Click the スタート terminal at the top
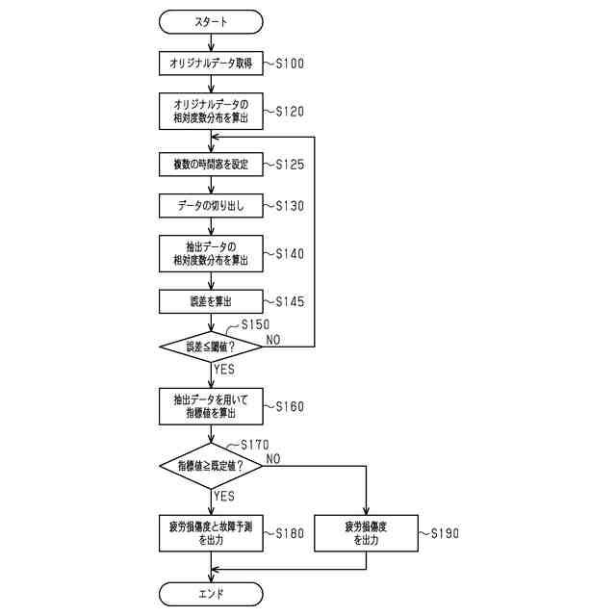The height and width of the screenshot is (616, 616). point(211,22)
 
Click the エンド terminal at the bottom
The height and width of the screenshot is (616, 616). point(211,594)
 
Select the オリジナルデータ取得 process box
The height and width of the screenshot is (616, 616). point(211,64)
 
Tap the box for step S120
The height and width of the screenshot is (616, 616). point(211,112)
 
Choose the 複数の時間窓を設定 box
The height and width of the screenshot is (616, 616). point(211,165)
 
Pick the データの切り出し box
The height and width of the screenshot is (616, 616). point(211,205)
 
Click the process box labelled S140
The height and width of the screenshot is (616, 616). point(211,254)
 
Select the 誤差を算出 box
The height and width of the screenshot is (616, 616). point(211,301)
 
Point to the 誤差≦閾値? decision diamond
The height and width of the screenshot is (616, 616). point(211,346)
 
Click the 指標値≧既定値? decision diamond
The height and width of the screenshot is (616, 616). point(211,466)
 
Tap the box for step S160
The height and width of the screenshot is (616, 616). point(211,406)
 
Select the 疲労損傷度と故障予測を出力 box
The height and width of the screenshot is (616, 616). point(211,533)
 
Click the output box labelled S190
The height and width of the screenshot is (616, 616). point(366,533)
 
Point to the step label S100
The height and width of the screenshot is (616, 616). point(290,64)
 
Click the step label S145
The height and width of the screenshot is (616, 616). point(290,301)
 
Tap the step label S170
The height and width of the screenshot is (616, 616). point(255,445)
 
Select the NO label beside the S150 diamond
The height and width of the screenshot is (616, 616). point(273,340)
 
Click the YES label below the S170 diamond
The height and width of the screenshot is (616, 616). point(224,496)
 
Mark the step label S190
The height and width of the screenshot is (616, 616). point(445,533)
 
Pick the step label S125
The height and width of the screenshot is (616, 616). point(290,165)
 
